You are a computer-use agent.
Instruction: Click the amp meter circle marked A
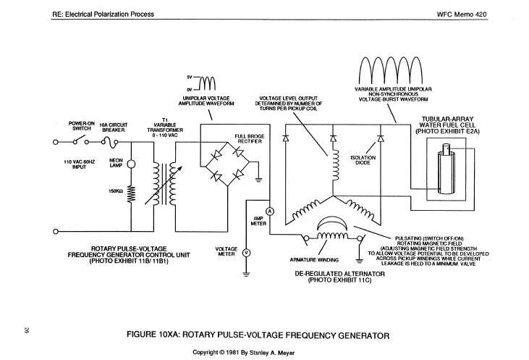[269, 211]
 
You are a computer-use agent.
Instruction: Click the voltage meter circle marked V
[246, 253]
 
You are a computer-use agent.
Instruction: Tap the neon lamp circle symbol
[130, 164]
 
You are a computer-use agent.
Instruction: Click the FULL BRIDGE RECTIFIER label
[247, 139]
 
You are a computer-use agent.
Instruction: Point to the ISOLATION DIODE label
[362, 160]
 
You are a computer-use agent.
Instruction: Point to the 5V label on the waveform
[189, 77]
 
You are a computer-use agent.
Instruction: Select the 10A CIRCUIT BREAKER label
[114, 127]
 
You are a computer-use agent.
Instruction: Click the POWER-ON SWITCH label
[82, 125]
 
